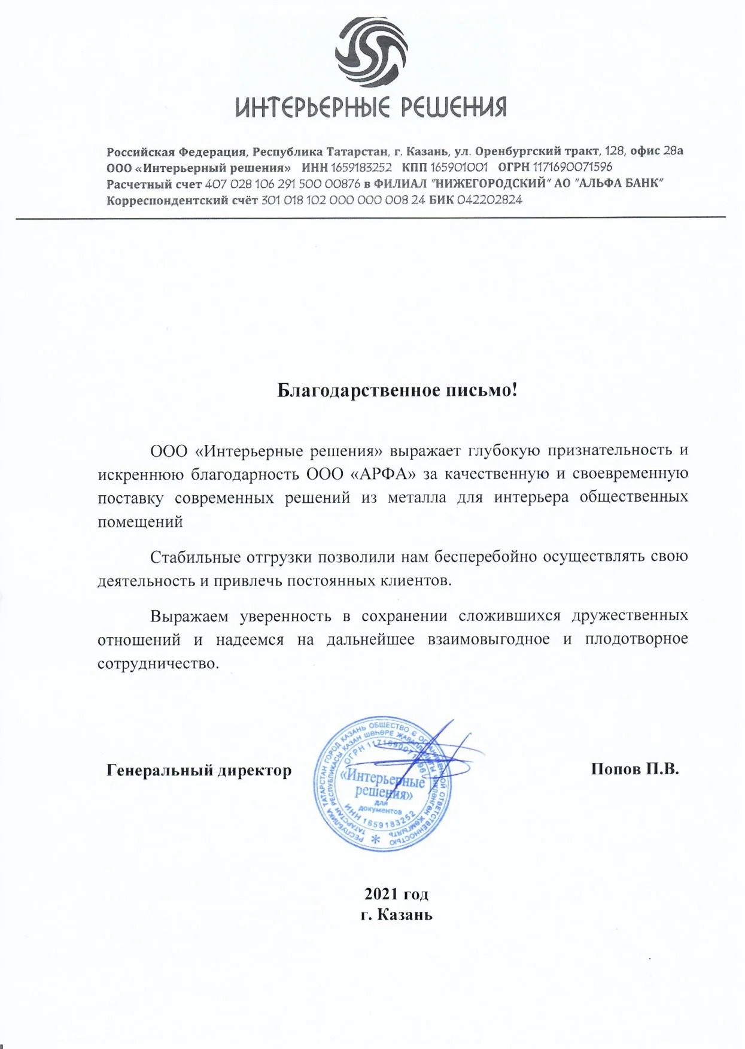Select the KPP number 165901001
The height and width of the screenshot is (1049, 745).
point(458,167)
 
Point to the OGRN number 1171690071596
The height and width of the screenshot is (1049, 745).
point(572,167)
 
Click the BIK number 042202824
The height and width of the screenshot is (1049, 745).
point(489,200)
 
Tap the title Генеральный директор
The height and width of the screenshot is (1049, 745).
point(199,770)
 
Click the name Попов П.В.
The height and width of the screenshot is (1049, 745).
point(635,769)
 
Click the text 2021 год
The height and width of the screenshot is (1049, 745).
point(396,895)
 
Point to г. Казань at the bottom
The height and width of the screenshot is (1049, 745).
point(396,915)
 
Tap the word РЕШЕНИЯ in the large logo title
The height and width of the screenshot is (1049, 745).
point(453,108)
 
